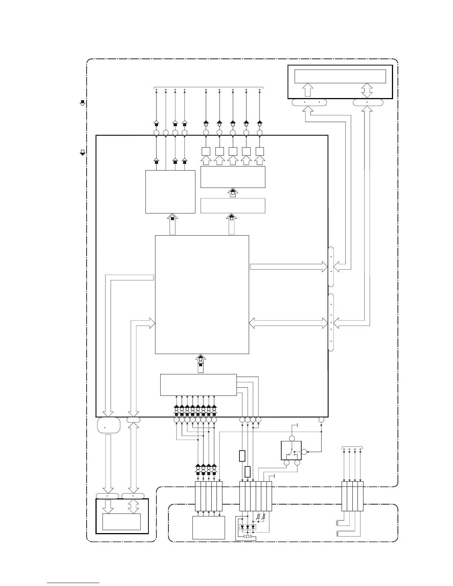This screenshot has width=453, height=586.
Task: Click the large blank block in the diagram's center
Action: coord(202,294)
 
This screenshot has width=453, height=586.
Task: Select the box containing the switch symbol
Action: coord(291,451)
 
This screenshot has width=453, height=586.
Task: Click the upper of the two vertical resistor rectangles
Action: coord(242,456)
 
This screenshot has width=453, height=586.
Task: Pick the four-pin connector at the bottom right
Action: coord(352,496)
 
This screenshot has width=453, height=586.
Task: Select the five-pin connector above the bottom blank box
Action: coord(209,496)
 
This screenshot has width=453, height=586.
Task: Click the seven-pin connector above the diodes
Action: coord(256,496)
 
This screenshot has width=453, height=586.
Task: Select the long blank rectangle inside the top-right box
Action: coord(340,76)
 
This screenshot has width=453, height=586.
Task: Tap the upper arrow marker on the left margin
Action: coord(83,102)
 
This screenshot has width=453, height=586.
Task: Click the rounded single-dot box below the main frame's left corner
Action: coord(108,425)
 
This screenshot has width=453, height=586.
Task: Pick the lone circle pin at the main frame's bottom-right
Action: coord(321,420)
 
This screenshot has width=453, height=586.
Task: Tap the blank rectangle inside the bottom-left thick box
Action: coord(121,522)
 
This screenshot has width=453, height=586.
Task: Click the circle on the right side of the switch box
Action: coord(304,452)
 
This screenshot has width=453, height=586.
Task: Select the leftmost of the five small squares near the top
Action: coord(206,151)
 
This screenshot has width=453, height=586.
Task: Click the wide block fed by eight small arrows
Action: coord(198,385)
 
